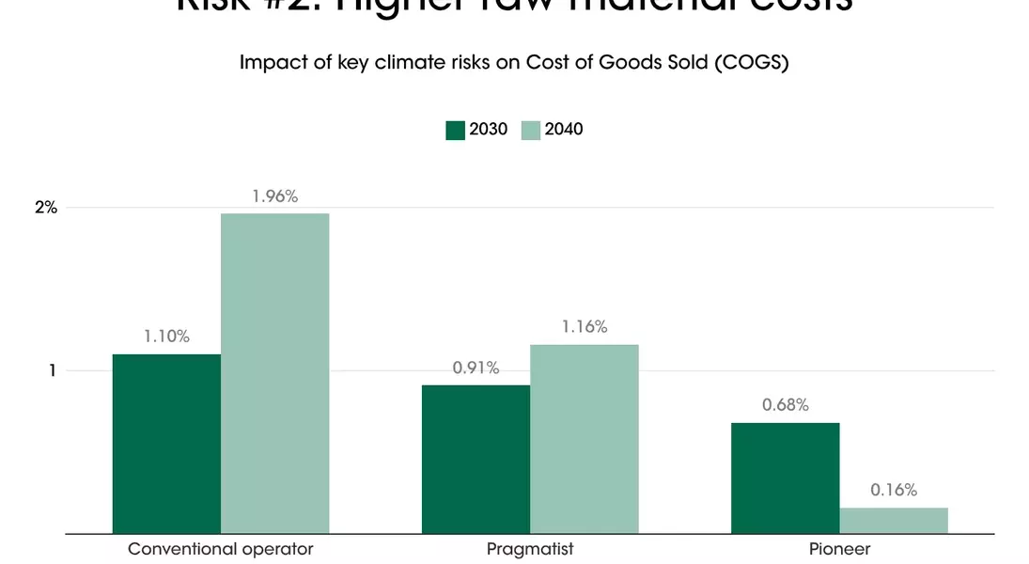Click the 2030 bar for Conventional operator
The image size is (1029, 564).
(166, 444)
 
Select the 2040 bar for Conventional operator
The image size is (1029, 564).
(274, 373)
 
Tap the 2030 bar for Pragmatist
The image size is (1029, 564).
(476, 459)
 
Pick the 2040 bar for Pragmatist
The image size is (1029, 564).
(584, 438)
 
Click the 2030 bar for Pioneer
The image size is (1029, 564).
(785, 478)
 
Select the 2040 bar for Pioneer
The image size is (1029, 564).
(893, 520)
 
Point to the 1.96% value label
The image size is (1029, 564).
(274, 196)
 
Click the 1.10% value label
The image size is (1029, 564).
(166, 337)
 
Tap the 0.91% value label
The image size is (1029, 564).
(476, 368)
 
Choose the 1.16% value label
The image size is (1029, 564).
(584, 327)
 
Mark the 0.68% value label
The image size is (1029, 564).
(785, 405)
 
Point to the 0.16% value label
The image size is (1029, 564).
(893, 490)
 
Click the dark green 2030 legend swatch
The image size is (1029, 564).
(456, 130)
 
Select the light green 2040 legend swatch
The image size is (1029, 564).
(531, 130)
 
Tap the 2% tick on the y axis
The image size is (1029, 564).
(47, 208)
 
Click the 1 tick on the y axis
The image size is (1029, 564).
(53, 370)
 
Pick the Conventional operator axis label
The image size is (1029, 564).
(220, 548)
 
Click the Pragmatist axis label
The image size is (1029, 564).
(530, 548)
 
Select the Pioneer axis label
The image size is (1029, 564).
(839, 548)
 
